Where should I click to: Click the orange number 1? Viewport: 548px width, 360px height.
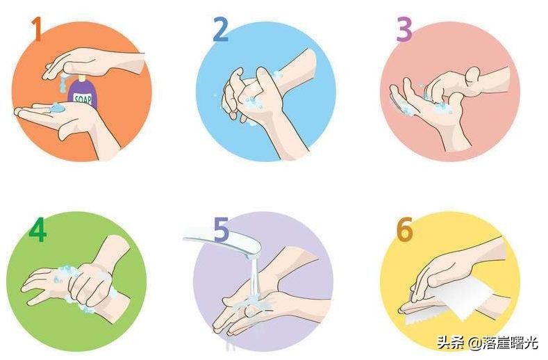pos(37,29)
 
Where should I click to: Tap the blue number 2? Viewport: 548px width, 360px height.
pos(221,30)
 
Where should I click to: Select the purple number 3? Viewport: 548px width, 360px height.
pos(404,30)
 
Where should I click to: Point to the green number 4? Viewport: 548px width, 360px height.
pos(38,229)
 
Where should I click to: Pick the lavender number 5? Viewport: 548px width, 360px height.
pos(222,229)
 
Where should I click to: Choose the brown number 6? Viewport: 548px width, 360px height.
pos(405,229)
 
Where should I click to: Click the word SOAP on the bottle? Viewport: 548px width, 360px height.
pos(83,99)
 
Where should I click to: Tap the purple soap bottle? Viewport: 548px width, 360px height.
pos(83,92)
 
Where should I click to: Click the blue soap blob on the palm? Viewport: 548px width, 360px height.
pos(56,108)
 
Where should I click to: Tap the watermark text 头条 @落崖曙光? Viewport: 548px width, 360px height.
pos(487,343)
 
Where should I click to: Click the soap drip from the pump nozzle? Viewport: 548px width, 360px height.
pos(63,83)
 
